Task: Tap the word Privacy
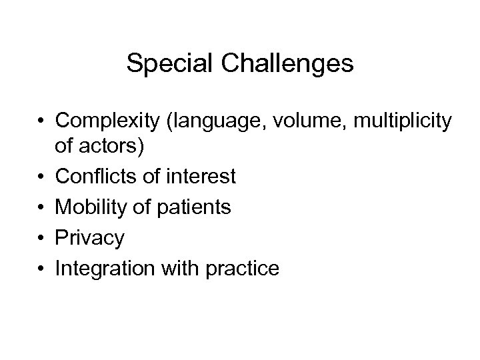(90, 238)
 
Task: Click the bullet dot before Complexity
(41, 121)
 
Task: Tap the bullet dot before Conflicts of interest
(41, 177)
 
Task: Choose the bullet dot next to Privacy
(41, 239)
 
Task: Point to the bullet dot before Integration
(41, 269)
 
